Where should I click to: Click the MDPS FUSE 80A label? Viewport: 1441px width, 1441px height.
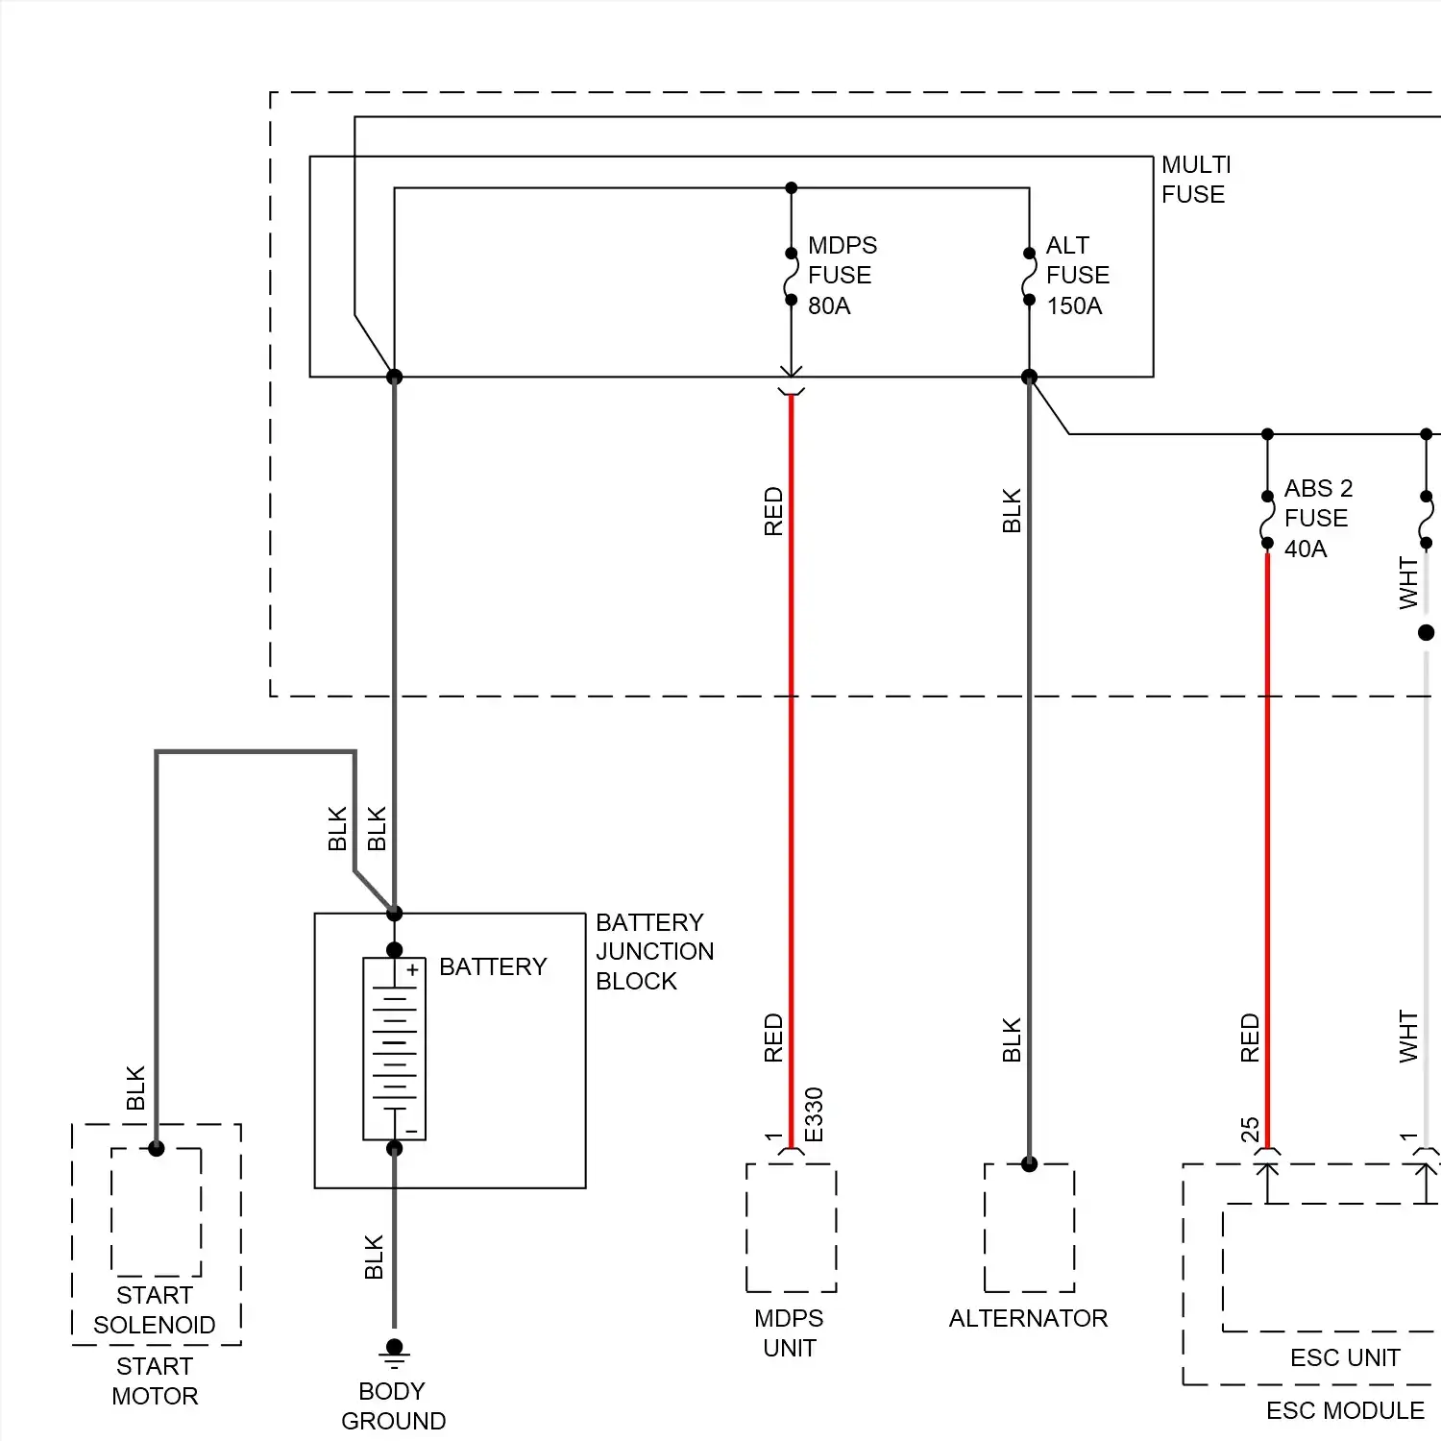[x=842, y=276]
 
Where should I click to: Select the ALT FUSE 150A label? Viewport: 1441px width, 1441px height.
[x=1077, y=276]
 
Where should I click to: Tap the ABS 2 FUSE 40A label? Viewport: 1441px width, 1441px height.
[x=1317, y=519]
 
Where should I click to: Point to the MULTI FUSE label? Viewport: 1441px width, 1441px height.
[x=1195, y=180]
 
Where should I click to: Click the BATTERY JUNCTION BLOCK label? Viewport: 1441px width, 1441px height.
[x=654, y=951]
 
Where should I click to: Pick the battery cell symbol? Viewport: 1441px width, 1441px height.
[x=394, y=1048]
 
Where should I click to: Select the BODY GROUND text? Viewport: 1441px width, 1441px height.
[x=393, y=1405]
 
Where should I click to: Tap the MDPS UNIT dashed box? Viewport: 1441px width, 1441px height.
[x=791, y=1227]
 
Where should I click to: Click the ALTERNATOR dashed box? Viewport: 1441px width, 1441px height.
[x=1029, y=1227]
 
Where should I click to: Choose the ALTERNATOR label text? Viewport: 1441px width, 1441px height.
[x=1028, y=1318]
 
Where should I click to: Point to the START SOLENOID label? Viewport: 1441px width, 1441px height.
[x=154, y=1310]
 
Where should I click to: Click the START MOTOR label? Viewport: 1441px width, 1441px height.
[x=155, y=1380]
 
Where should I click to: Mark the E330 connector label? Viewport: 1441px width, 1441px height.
[x=814, y=1114]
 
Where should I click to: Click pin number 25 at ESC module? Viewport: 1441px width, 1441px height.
[x=1250, y=1129]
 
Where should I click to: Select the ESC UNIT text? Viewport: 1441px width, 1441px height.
[x=1345, y=1357]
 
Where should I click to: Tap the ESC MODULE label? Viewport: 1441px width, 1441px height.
[x=1345, y=1410]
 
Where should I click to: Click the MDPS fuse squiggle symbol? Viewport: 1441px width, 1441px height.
[x=791, y=277]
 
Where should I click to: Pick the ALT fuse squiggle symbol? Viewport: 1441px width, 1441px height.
[x=1029, y=277]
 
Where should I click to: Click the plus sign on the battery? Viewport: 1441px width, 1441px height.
[x=412, y=970]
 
